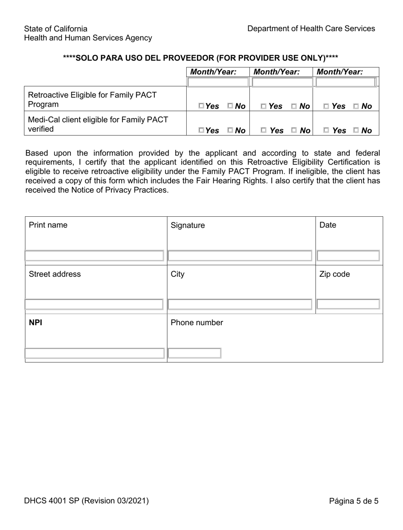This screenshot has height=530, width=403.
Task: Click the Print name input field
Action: (x=94, y=255)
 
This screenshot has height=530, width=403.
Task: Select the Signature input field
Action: (x=240, y=255)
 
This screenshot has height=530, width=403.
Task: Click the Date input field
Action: (x=348, y=255)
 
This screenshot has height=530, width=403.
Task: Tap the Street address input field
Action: (x=94, y=304)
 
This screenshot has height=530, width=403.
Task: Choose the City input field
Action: (x=240, y=304)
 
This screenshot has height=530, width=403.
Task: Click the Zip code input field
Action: (x=348, y=304)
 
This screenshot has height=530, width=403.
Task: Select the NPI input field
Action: (x=94, y=353)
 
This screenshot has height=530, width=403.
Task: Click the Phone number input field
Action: (x=195, y=353)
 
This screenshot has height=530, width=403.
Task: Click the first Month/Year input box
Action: (x=218, y=82)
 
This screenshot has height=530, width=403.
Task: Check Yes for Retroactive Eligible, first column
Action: (x=201, y=106)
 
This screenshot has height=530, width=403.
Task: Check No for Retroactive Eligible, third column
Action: (x=356, y=106)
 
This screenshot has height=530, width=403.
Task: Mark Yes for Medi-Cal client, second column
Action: (x=263, y=130)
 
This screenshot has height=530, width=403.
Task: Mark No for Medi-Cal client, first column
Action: (x=230, y=130)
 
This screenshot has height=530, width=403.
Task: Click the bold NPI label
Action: (x=35, y=323)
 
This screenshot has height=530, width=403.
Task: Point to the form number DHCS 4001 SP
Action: (x=86, y=501)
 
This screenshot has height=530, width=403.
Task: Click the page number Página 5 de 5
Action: (x=353, y=501)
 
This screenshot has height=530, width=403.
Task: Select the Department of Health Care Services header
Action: (x=311, y=28)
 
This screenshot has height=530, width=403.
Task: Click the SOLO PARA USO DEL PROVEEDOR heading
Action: (x=200, y=57)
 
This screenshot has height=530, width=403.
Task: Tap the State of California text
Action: (x=56, y=28)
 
